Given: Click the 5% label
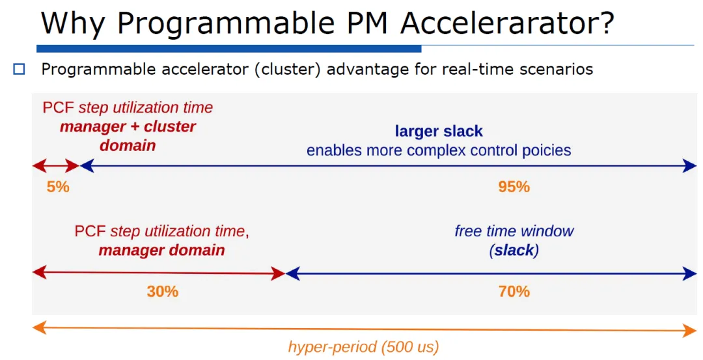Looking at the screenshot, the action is [x=58, y=186].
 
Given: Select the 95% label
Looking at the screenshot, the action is [x=514, y=186].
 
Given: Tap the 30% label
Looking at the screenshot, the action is [x=162, y=292].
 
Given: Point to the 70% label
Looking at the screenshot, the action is [x=514, y=292].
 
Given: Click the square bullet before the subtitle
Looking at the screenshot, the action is [x=20, y=70].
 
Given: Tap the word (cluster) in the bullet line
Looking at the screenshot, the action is [x=288, y=70].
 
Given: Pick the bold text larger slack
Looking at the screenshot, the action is [x=439, y=131].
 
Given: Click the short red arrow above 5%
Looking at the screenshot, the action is [x=56, y=166].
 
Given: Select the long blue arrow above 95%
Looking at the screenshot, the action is [x=388, y=166].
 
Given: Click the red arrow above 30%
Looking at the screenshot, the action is [x=159, y=273].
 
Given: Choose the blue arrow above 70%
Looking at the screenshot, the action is [x=491, y=273].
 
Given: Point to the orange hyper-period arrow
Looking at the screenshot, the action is [x=365, y=329].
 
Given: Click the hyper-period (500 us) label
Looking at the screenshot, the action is [x=363, y=347].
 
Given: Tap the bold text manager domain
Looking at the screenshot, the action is [x=161, y=250].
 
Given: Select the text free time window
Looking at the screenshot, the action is [x=514, y=231].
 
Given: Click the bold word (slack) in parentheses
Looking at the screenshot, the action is [x=514, y=250].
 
